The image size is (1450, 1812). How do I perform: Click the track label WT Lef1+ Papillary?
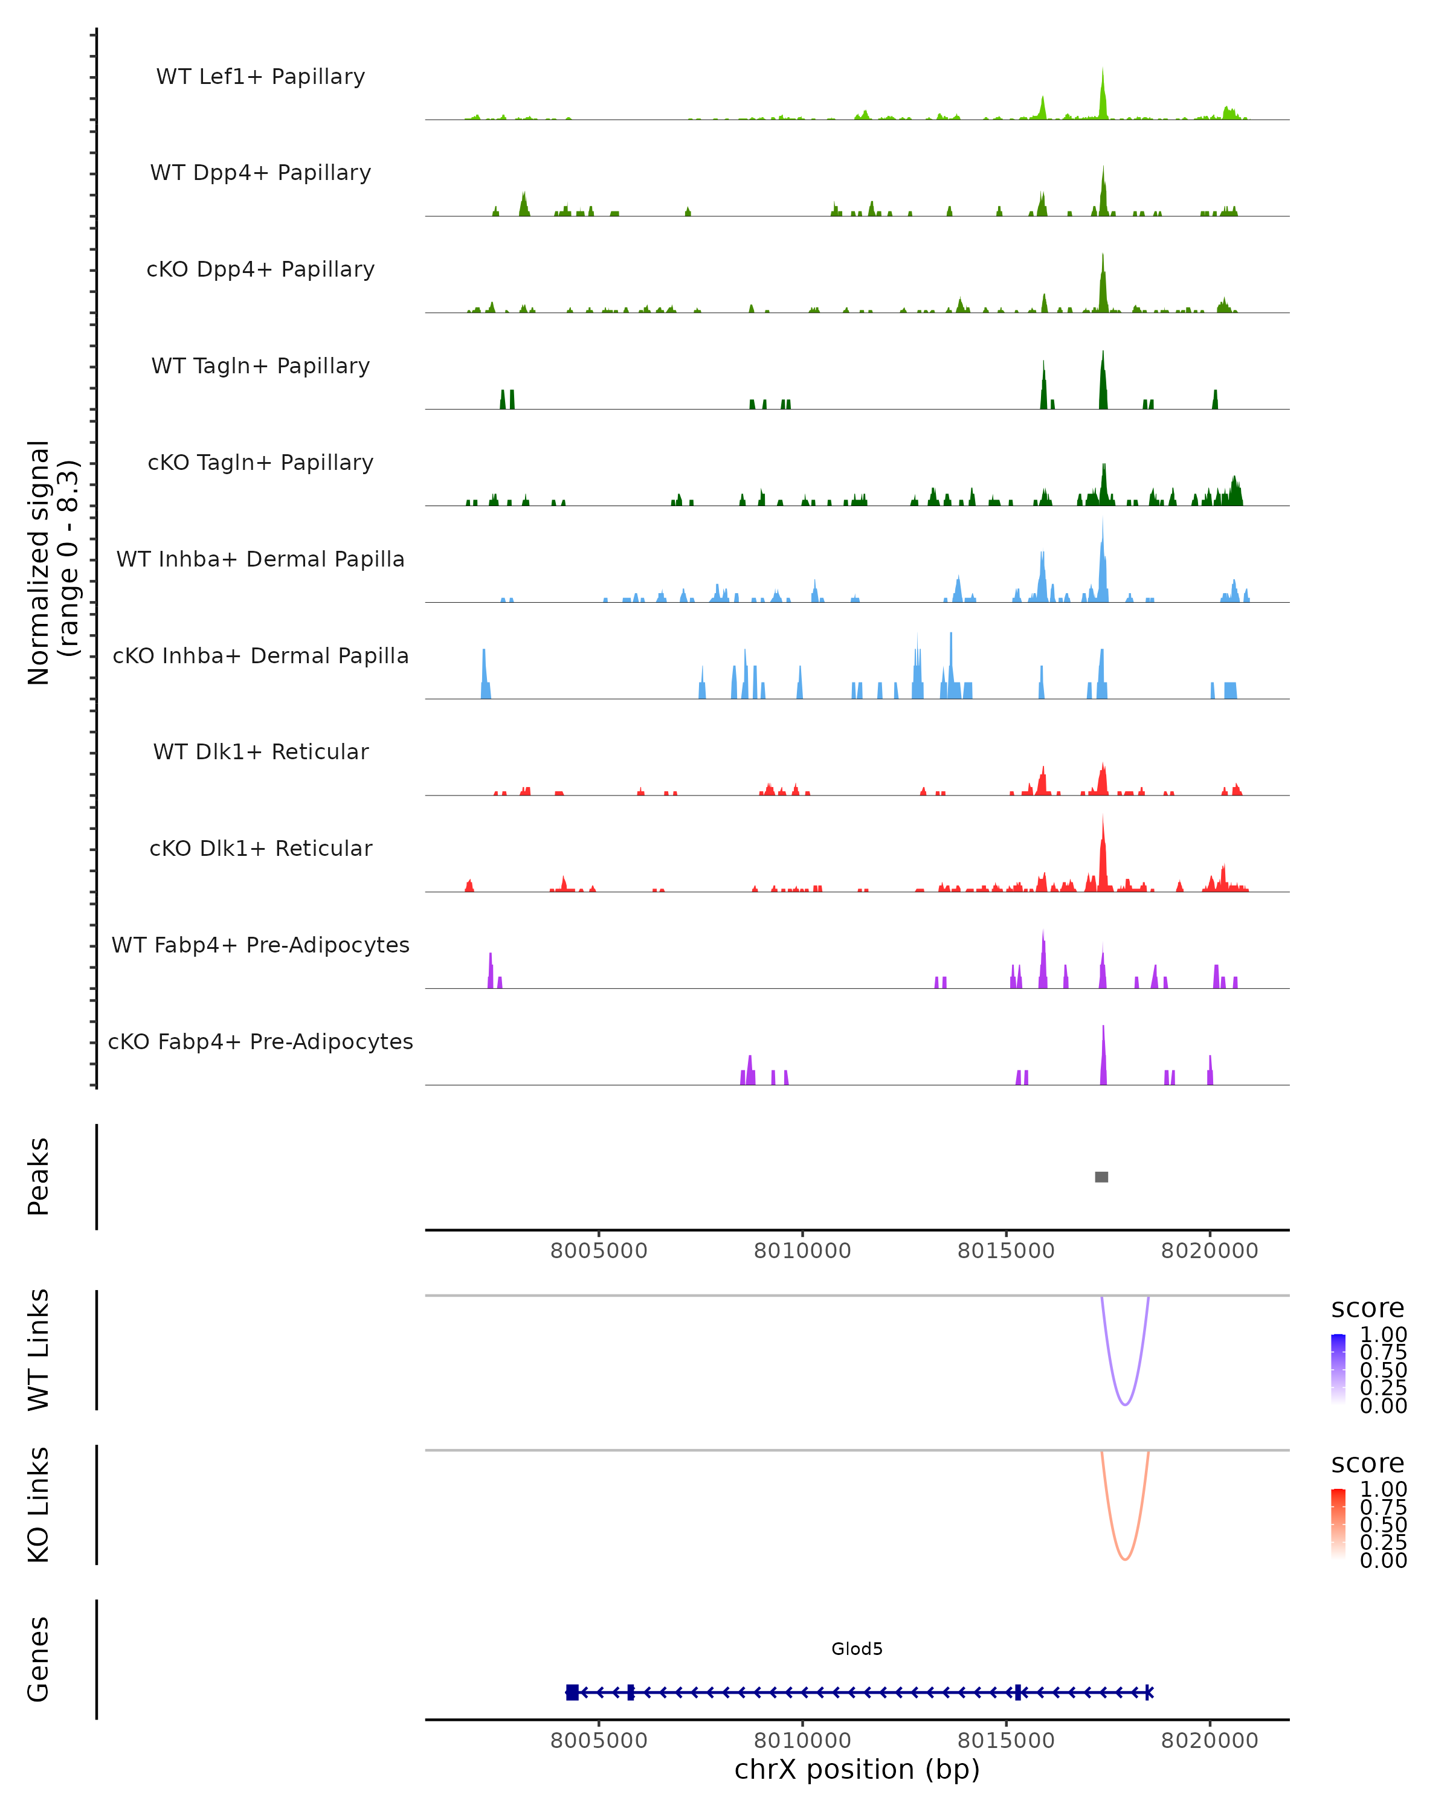[x=260, y=77]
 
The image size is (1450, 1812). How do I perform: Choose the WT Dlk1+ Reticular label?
[x=260, y=751]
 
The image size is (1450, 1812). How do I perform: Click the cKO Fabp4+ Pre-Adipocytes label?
[x=260, y=1041]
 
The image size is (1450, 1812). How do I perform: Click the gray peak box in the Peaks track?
[x=1101, y=1177]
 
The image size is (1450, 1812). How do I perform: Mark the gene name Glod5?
[x=857, y=1648]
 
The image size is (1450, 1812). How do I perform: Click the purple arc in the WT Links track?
[x=1125, y=1404]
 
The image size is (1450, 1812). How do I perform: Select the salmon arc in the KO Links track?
[x=1125, y=1559]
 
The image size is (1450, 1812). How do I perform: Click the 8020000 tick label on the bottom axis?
[x=1210, y=1741]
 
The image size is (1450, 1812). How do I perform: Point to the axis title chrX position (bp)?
[x=857, y=1769]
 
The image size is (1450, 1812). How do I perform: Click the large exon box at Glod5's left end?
[x=572, y=1692]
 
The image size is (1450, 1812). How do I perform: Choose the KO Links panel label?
[x=39, y=1505]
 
